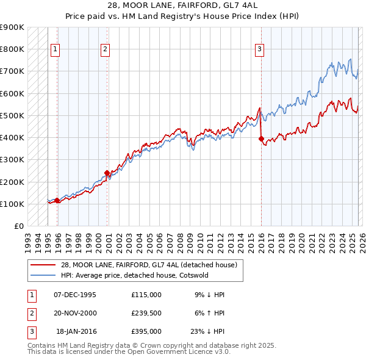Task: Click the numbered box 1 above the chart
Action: [56, 49]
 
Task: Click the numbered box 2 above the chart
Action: [105, 49]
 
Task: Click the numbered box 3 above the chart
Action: [259, 49]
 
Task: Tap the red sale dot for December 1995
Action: [57, 200]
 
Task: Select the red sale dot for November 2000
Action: [107, 173]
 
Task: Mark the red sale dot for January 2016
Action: [261, 139]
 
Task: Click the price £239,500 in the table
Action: [146, 313]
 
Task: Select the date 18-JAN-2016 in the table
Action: [76, 331]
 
